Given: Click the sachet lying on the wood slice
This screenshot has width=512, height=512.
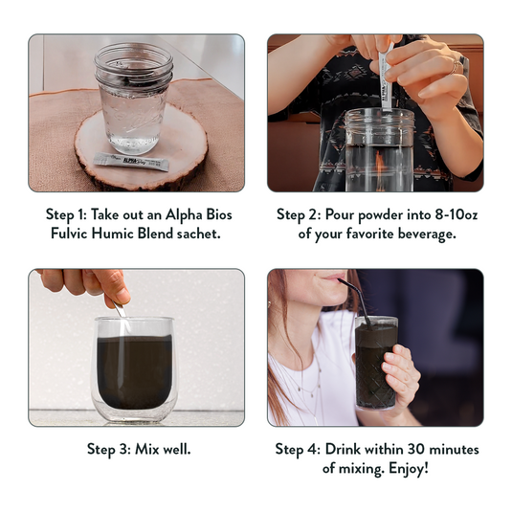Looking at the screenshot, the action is pos(131,162).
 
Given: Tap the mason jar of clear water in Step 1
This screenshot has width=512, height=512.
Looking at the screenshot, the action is pos(134,98).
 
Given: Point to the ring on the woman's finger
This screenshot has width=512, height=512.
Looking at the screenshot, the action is pos(456,67).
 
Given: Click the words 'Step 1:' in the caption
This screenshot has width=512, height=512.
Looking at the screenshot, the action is pos(66,215).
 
